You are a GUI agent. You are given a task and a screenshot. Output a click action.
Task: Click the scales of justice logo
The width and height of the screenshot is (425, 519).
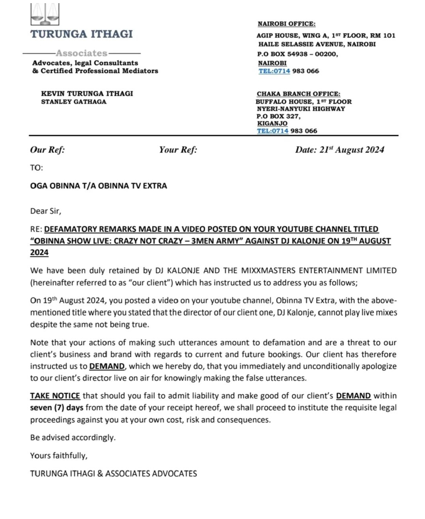pyautogui.click(x=45, y=14)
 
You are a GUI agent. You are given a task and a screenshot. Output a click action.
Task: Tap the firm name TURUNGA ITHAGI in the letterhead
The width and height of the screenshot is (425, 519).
pyautogui.click(x=82, y=34)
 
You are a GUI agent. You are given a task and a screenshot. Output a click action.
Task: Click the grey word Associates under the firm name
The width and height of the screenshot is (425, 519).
pyautogui.click(x=82, y=53)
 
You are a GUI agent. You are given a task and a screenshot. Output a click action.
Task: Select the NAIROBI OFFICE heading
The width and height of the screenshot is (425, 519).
pyautogui.click(x=286, y=24)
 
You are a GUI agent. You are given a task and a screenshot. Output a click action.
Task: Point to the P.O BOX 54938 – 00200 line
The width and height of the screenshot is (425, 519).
pyautogui.click(x=297, y=54)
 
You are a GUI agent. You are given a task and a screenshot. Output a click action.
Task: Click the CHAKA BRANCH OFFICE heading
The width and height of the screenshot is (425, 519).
pyautogui.click(x=298, y=94)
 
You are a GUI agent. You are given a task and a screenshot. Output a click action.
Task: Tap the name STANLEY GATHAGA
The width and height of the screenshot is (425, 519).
pyautogui.click(x=74, y=102)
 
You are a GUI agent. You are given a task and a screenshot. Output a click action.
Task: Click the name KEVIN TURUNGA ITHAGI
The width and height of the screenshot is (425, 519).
pyautogui.click(x=87, y=93)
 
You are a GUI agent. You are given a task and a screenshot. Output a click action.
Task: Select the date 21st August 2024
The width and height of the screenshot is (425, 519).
pyautogui.click(x=351, y=150)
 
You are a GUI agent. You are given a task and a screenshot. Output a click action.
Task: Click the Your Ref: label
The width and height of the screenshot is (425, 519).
pyautogui.click(x=178, y=150)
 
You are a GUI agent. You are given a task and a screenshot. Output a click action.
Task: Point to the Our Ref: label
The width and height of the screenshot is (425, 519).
pyautogui.click(x=47, y=150)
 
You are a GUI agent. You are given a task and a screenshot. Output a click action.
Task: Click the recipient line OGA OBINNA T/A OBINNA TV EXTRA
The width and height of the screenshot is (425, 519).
pyautogui.click(x=98, y=186)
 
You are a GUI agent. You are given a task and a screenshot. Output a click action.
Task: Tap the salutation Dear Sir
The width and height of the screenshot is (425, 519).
pyautogui.click(x=46, y=211)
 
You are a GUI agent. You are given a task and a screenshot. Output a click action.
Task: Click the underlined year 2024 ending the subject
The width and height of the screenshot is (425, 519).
pyautogui.click(x=39, y=253)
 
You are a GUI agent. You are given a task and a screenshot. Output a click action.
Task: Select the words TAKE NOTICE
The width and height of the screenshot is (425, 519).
pyautogui.click(x=55, y=396)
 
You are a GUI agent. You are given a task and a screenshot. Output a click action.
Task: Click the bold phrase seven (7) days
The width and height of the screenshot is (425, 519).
pyautogui.click(x=56, y=408)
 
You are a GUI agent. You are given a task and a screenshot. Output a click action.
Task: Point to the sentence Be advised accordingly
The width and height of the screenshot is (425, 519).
pyautogui.click(x=73, y=437)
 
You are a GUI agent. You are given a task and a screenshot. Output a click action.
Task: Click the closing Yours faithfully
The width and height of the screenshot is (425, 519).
pyautogui.click(x=59, y=456)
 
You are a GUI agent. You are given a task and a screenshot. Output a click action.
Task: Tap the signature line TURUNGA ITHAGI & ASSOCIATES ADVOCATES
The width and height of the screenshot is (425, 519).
pyautogui.click(x=113, y=474)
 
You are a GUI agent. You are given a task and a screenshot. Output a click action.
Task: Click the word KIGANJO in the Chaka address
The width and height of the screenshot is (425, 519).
pyautogui.click(x=272, y=123)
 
